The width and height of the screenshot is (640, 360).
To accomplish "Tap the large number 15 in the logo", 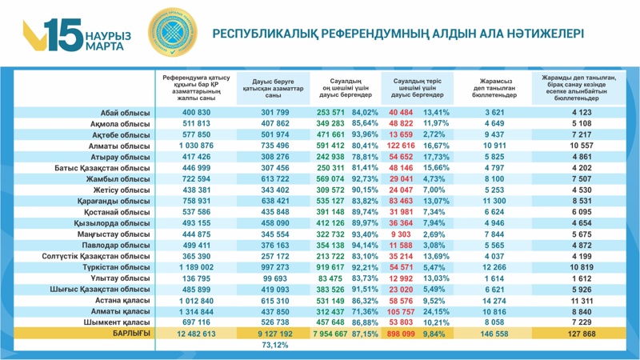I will tap(62, 35).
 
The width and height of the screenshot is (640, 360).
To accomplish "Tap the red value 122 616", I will tap(403, 146).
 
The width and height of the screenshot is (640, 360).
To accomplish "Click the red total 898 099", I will tap(403, 332).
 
